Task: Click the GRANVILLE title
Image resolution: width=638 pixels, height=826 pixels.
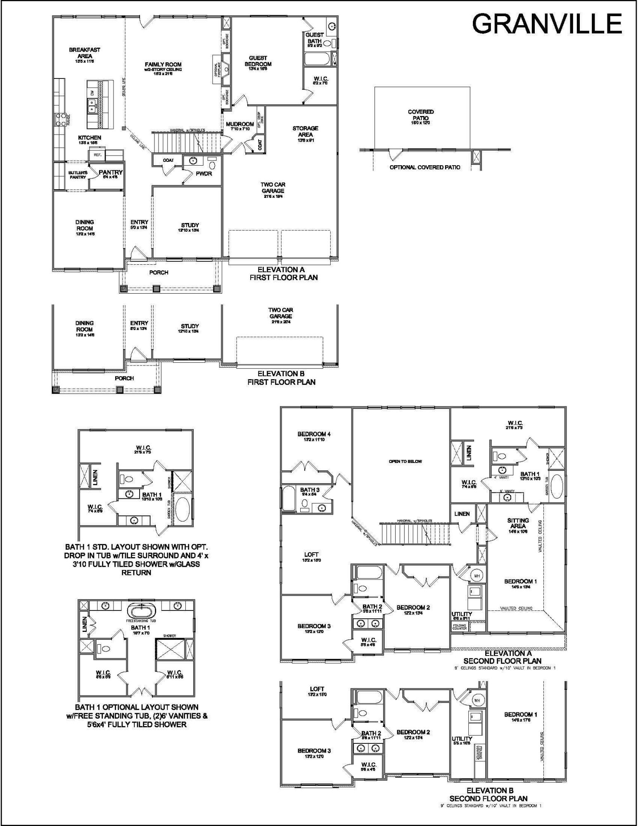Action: coord(547,24)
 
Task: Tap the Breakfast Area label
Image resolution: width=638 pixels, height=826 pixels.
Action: coord(85,53)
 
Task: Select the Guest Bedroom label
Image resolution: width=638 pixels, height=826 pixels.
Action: coord(258,61)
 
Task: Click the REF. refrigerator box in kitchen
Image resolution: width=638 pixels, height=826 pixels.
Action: coord(97,155)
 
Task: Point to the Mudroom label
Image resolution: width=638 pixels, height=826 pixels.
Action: coord(240,124)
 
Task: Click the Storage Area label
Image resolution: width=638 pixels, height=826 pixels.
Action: coord(305,131)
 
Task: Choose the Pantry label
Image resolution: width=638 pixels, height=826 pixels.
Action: coord(111,172)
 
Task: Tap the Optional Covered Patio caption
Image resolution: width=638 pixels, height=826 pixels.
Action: coord(425,167)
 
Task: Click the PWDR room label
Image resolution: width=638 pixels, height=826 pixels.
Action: coord(204,173)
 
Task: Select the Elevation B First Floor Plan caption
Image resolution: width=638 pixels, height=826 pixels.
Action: coord(281,378)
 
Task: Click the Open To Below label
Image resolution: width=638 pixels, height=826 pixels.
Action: coord(405,461)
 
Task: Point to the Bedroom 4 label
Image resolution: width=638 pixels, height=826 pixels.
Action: coord(314,434)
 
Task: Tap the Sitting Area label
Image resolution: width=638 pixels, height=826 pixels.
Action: coord(518,523)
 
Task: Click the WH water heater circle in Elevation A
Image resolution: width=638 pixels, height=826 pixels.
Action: coord(477,576)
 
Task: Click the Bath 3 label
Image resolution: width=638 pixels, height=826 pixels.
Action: coord(310,490)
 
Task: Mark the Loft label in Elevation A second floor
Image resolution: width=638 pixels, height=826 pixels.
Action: coord(311,555)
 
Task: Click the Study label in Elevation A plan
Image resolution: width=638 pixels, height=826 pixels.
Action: coord(190,225)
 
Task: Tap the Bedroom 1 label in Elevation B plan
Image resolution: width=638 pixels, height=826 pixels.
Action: coord(520,714)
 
